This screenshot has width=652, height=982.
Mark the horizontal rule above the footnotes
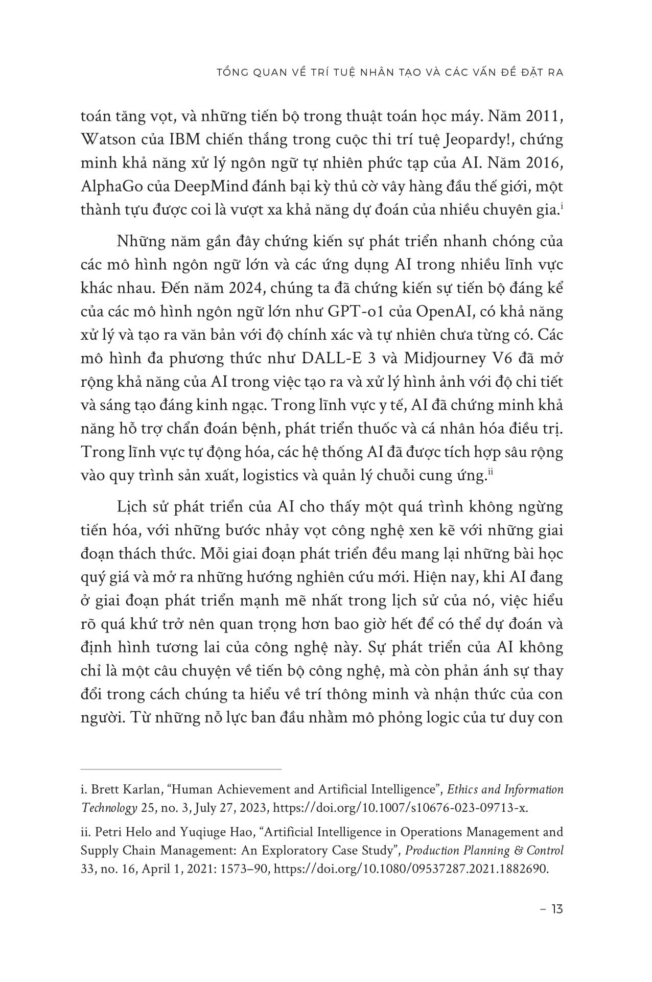[x=181, y=768]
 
